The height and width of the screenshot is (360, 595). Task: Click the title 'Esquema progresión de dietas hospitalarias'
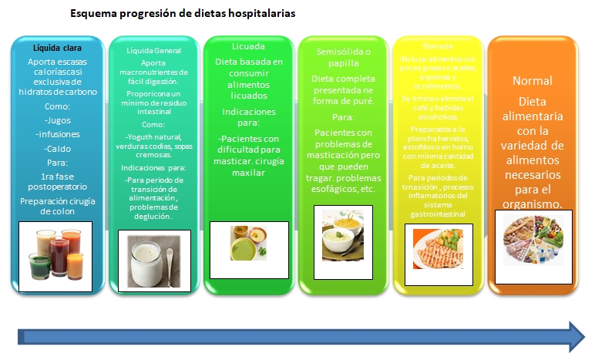182,14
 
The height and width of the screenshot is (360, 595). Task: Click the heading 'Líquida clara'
52,48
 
